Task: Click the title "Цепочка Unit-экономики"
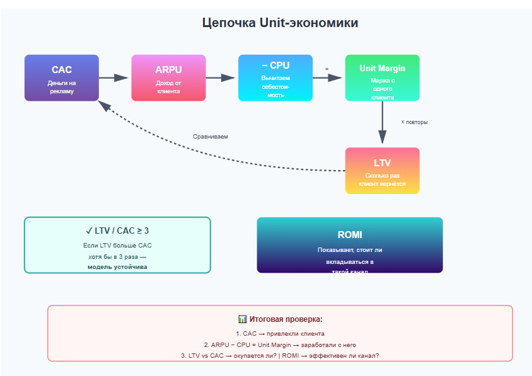pos(280,23)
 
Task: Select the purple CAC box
pos(62,77)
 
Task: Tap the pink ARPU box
pos(168,77)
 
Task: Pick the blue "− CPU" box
pos(275,77)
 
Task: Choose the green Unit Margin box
pos(382,77)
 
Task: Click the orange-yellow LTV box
pos(382,170)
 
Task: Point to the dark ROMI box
pos(350,244)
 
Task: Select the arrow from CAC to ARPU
pos(114,78)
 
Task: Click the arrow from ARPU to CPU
pos(221,78)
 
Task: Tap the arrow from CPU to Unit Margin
pos(328,78)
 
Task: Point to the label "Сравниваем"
pos(211,136)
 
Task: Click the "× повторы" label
pos(414,122)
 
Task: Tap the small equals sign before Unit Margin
pos(327,68)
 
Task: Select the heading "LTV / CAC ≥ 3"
pos(117,231)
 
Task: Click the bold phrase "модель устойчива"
pos(117,267)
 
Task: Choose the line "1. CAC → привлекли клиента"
pos(280,333)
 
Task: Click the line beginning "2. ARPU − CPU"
pos(280,345)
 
